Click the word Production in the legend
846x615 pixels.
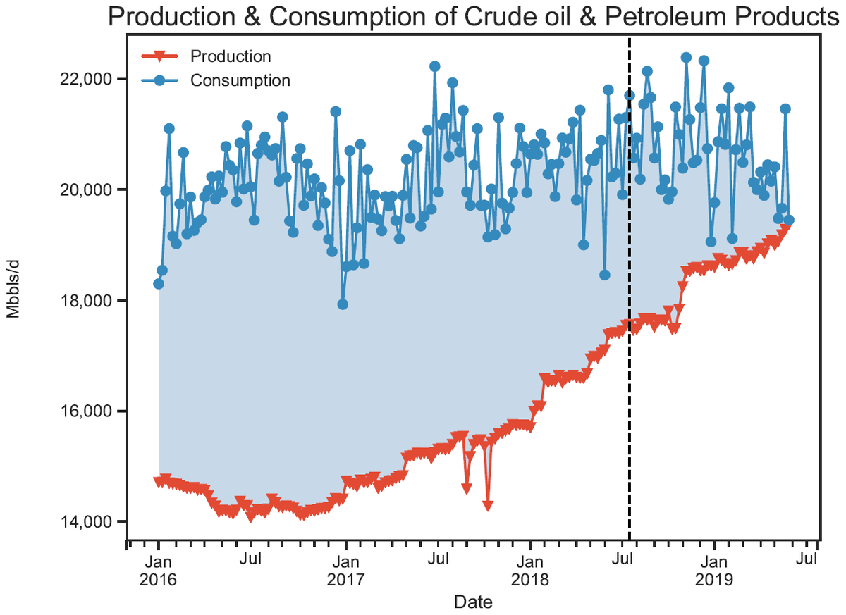click(x=231, y=56)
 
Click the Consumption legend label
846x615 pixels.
click(x=240, y=80)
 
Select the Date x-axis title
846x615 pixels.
click(x=473, y=602)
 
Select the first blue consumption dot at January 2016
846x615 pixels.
click(x=159, y=284)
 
